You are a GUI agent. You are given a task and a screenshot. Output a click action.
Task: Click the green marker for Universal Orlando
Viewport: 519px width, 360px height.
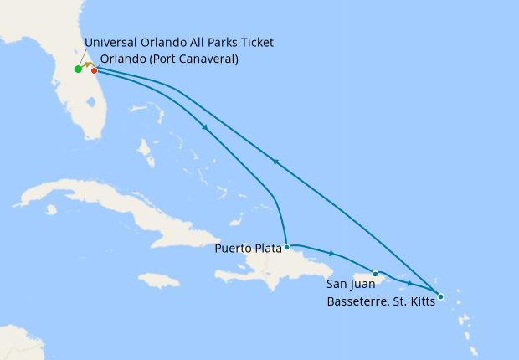[78, 69]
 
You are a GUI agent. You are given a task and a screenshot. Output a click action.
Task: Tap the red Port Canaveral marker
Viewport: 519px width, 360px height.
[94, 70]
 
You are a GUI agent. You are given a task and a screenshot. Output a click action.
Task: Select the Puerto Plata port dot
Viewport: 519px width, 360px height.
[287, 247]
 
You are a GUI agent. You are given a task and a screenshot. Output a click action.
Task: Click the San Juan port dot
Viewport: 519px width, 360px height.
[376, 274]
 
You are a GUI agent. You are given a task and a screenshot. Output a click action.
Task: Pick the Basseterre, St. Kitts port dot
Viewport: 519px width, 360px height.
[440, 296]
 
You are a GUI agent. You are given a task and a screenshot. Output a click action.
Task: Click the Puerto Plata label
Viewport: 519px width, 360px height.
[247, 248]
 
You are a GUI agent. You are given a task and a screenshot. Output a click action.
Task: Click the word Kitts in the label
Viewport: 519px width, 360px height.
[421, 302]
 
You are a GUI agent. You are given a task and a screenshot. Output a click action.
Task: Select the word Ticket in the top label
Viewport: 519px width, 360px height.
[256, 43]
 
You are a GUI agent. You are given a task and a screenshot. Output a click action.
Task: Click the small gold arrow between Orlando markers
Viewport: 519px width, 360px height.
[86, 64]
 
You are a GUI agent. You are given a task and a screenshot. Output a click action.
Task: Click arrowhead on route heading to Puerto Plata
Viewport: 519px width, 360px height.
[205, 127]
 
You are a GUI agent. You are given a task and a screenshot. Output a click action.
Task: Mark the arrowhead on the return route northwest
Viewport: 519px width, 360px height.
[275, 162]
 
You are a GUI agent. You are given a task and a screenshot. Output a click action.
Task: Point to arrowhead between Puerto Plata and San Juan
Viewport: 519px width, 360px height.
[332, 254]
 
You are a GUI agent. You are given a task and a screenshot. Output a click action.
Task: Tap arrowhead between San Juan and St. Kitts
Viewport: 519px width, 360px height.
[409, 283]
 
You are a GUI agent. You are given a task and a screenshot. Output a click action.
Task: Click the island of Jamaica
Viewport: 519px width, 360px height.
[159, 280]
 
